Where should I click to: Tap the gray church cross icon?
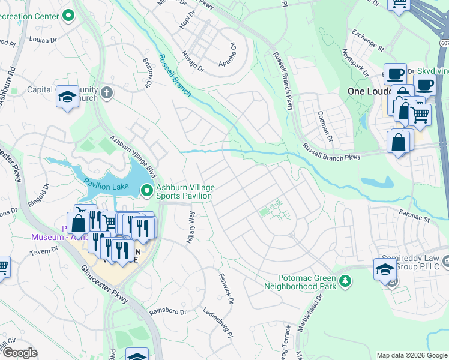click(x=107, y=92)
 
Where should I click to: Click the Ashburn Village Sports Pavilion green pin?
click(x=147, y=191)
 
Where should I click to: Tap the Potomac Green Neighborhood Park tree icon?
click(x=345, y=280)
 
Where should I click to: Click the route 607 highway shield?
click(x=444, y=44)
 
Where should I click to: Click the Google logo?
click(x=19, y=352)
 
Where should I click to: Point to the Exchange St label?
click(x=367, y=40)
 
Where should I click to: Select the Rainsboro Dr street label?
click(x=168, y=311)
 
